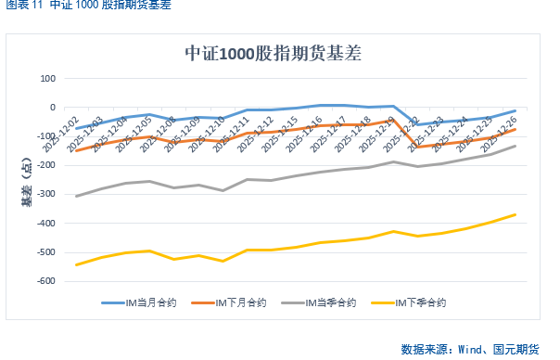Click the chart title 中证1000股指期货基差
click(x=273, y=54)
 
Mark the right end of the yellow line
click(x=515, y=214)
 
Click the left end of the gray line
click(x=76, y=196)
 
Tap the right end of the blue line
click(x=515, y=110)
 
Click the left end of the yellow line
click(x=76, y=264)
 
